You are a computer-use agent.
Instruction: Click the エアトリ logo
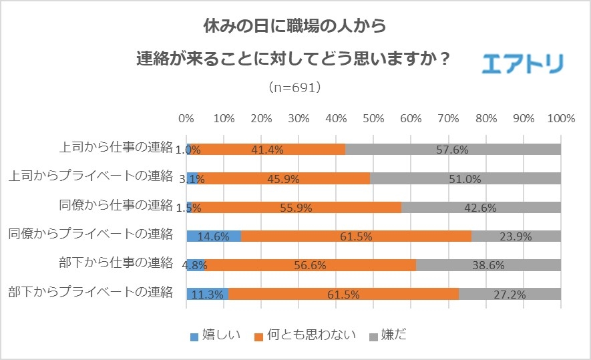click(523, 63)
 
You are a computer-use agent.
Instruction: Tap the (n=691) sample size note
click(294, 87)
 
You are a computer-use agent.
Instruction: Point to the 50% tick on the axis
click(373, 119)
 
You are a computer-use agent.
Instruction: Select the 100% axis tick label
click(560, 119)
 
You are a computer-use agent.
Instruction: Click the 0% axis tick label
click(186, 119)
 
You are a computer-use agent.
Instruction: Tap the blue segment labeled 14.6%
click(214, 236)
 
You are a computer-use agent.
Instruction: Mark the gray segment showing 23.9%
click(516, 236)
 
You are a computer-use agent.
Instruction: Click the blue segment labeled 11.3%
click(207, 293)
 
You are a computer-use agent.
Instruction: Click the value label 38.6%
click(488, 265)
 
